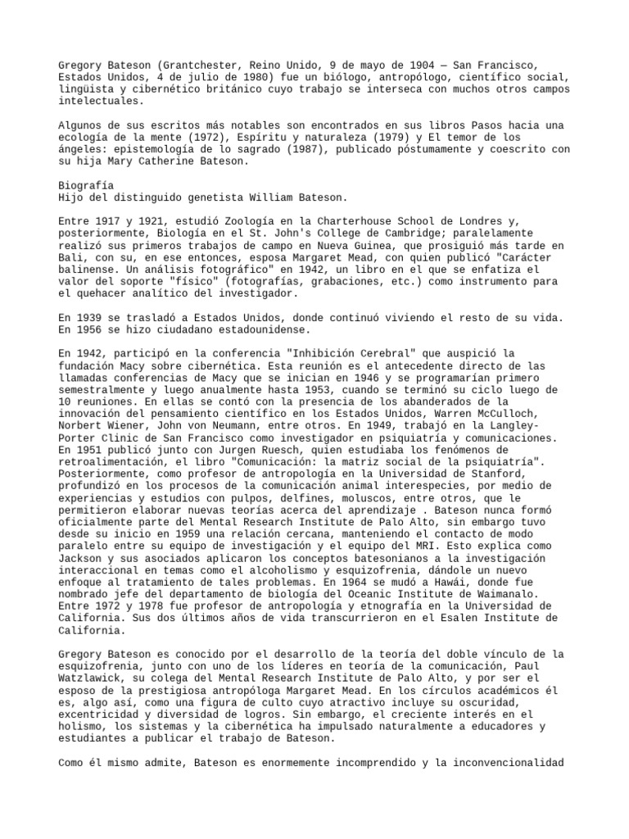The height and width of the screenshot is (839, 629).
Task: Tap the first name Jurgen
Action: (x=238, y=450)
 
